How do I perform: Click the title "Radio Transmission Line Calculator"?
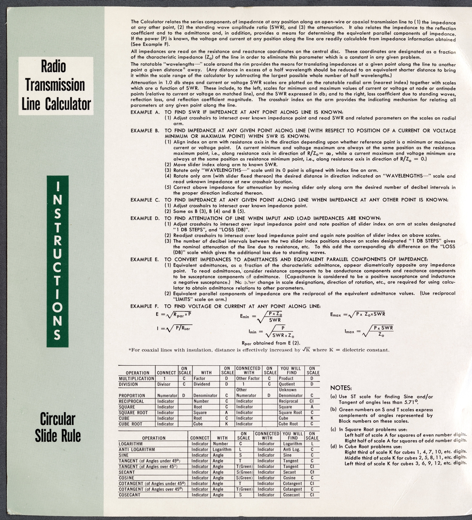click(x=56, y=85)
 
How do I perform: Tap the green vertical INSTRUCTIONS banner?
click(x=57, y=261)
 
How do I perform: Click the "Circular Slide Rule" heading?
click(x=57, y=427)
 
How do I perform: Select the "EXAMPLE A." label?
click(x=145, y=112)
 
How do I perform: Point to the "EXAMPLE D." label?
click(x=145, y=218)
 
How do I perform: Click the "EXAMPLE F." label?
click(x=145, y=306)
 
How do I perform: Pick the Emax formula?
click(x=357, y=314)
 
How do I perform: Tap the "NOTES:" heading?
click(x=341, y=388)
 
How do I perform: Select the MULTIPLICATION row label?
click(x=136, y=379)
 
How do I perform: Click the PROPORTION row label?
click(x=132, y=396)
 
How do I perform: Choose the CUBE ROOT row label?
click(x=131, y=424)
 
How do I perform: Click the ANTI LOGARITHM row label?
click(x=137, y=449)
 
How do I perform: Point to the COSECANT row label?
click(x=130, y=495)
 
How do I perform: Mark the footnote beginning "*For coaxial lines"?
click(x=259, y=350)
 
